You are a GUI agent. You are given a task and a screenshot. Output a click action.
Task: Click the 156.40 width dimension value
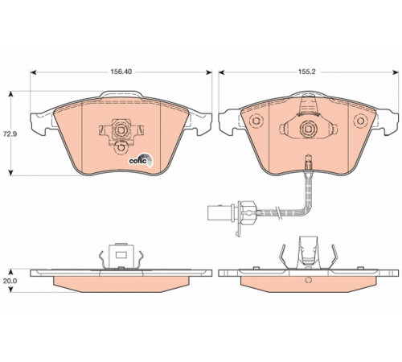[x=121, y=72]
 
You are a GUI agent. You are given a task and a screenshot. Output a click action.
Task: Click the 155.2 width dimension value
[x=308, y=72]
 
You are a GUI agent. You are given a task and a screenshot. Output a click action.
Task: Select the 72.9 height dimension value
[x=11, y=134]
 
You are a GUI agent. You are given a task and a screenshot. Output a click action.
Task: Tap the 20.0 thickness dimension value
[x=10, y=281]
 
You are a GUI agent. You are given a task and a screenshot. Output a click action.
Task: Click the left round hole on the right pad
[x=256, y=121]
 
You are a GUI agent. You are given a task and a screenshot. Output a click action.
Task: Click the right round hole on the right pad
[x=360, y=120]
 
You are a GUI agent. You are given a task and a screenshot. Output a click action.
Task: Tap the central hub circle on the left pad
[x=121, y=130]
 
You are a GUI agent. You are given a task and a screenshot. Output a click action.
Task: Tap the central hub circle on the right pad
[x=308, y=130]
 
